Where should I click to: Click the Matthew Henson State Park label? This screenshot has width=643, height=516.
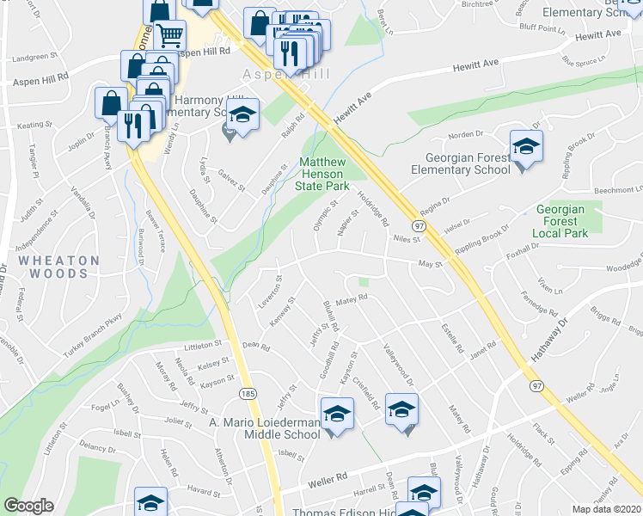[322, 174]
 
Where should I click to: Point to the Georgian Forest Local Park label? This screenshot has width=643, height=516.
[560, 221]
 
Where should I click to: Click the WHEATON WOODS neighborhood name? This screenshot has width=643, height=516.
[53, 267]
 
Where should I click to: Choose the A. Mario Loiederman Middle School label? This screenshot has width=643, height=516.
[265, 428]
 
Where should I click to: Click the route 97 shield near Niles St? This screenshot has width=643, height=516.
[419, 224]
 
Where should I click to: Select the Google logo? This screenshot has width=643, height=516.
[28, 506]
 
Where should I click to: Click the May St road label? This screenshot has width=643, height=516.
[429, 265]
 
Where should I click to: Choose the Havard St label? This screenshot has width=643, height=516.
[205, 491]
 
